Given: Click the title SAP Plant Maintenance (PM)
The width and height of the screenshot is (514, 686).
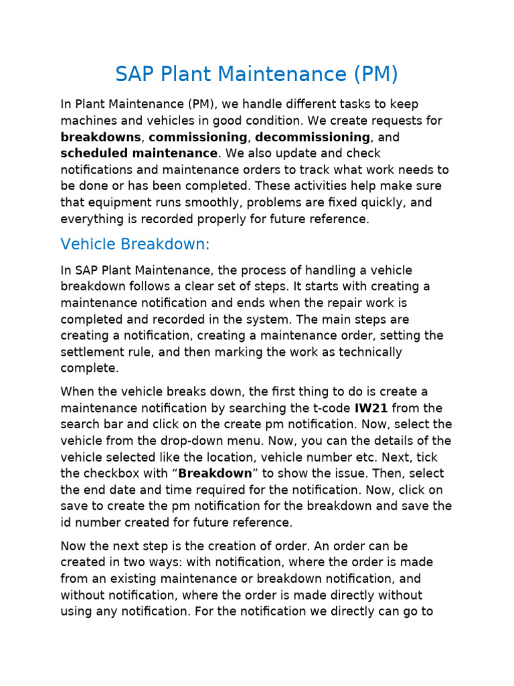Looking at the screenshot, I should [256, 74].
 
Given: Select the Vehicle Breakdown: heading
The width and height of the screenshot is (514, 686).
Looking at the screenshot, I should [135, 245].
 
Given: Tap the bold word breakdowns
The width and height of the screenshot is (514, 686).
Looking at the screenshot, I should [100, 137].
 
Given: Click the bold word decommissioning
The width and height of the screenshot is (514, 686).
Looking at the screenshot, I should [313, 137].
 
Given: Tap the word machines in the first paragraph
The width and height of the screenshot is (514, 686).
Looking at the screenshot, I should [88, 121].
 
